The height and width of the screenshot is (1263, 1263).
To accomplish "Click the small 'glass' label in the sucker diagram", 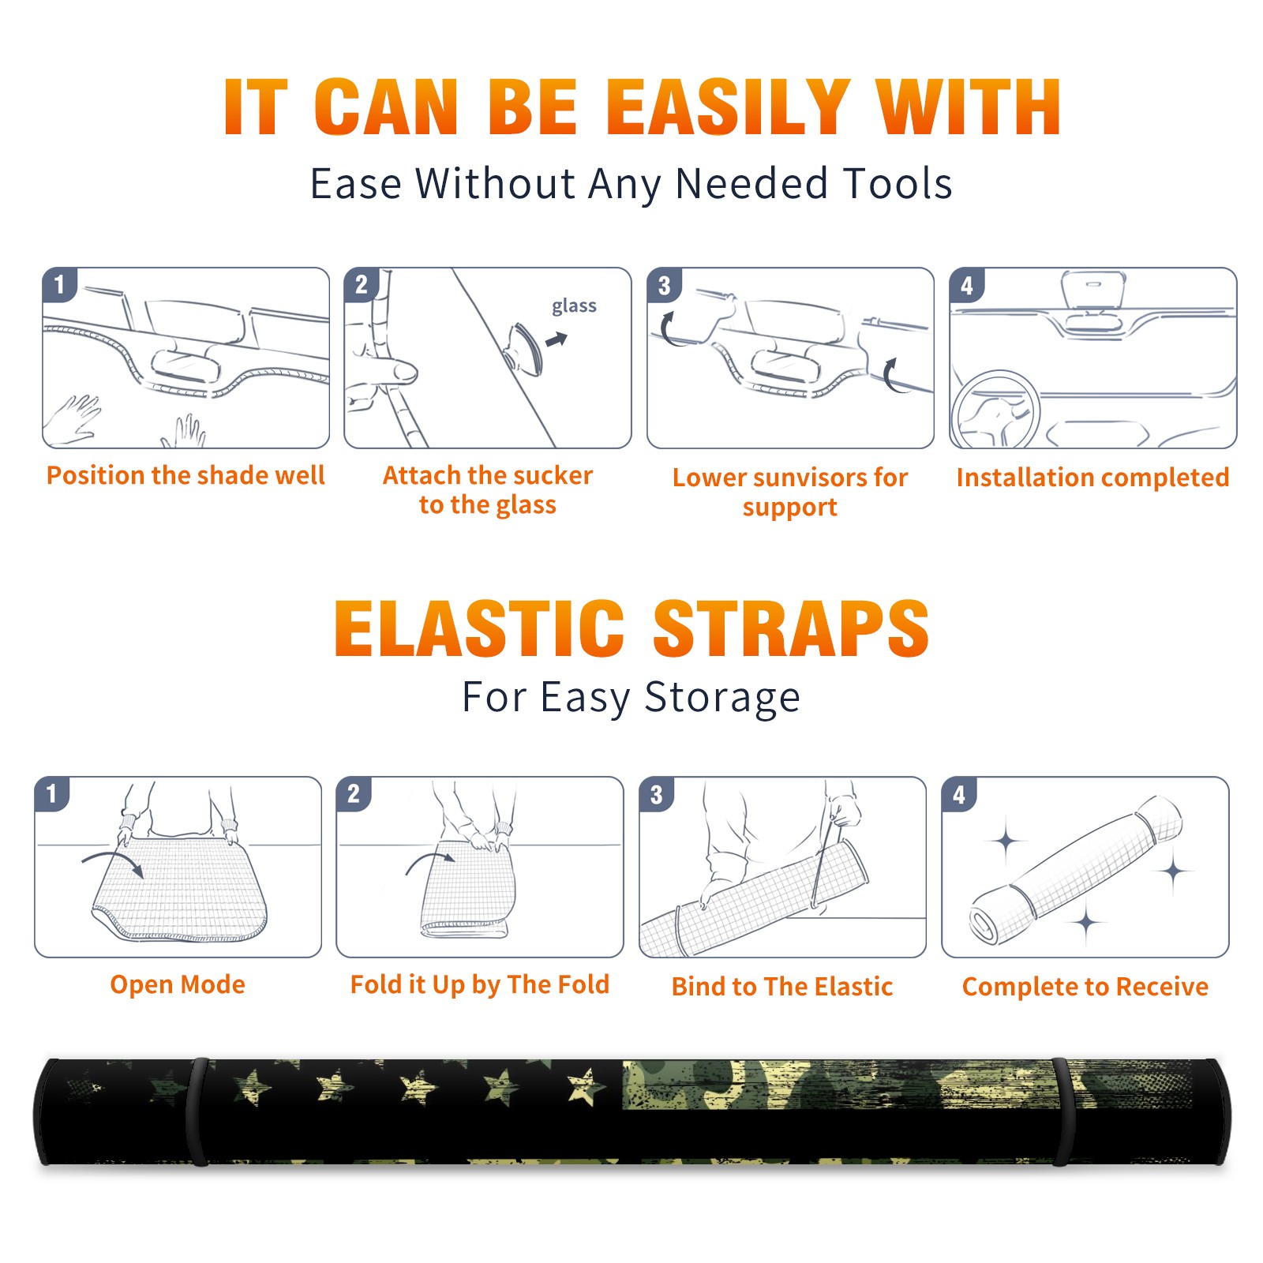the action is click(574, 306).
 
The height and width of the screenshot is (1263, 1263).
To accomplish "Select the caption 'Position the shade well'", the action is click(186, 475).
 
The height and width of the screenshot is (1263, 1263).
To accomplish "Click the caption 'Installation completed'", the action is click(1092, 477).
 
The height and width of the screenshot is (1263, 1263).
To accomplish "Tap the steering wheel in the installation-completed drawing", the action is click(996, 409).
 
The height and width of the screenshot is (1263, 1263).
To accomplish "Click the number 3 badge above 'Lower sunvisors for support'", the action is click(664, 286).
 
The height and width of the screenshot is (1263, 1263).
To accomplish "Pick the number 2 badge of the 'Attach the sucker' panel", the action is click(362, 284).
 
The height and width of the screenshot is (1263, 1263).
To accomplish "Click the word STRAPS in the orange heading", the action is click(791, 628).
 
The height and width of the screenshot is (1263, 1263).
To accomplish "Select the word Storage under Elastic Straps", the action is click(722, 698).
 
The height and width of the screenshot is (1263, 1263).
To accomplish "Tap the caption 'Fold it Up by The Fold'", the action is click(480, 984).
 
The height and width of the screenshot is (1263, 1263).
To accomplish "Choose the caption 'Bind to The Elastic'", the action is click(782, 987).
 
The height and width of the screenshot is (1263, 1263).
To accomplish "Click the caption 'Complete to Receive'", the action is click(1085, 987).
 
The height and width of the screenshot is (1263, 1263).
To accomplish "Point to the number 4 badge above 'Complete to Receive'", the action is click(959, 794).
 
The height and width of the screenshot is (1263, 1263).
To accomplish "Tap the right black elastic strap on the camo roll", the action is click(1062, 1111).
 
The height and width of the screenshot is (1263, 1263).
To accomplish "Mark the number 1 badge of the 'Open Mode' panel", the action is click(52, 793).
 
